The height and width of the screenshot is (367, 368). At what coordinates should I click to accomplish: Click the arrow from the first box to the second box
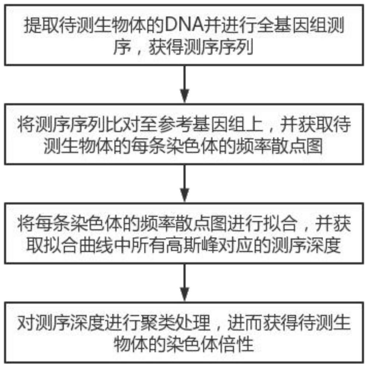[x=185, y=85]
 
